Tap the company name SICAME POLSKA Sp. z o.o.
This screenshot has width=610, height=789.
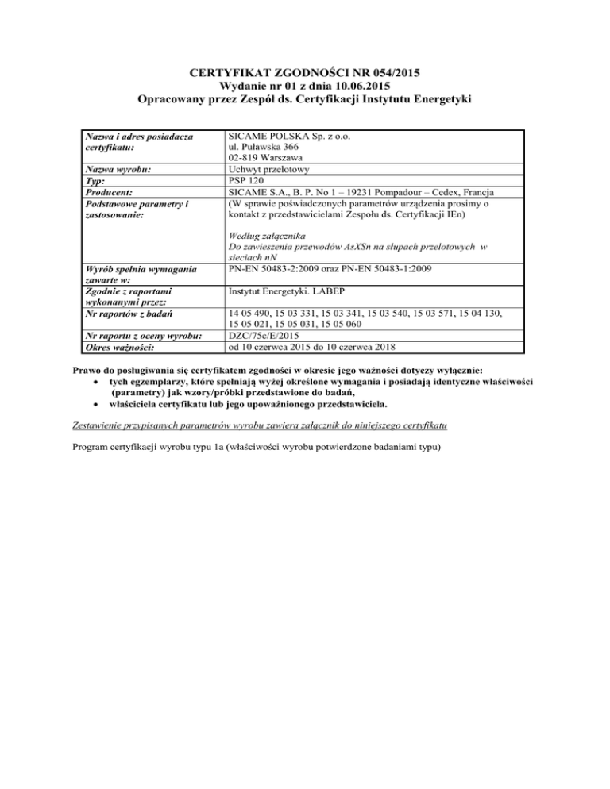coord(293,136)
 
